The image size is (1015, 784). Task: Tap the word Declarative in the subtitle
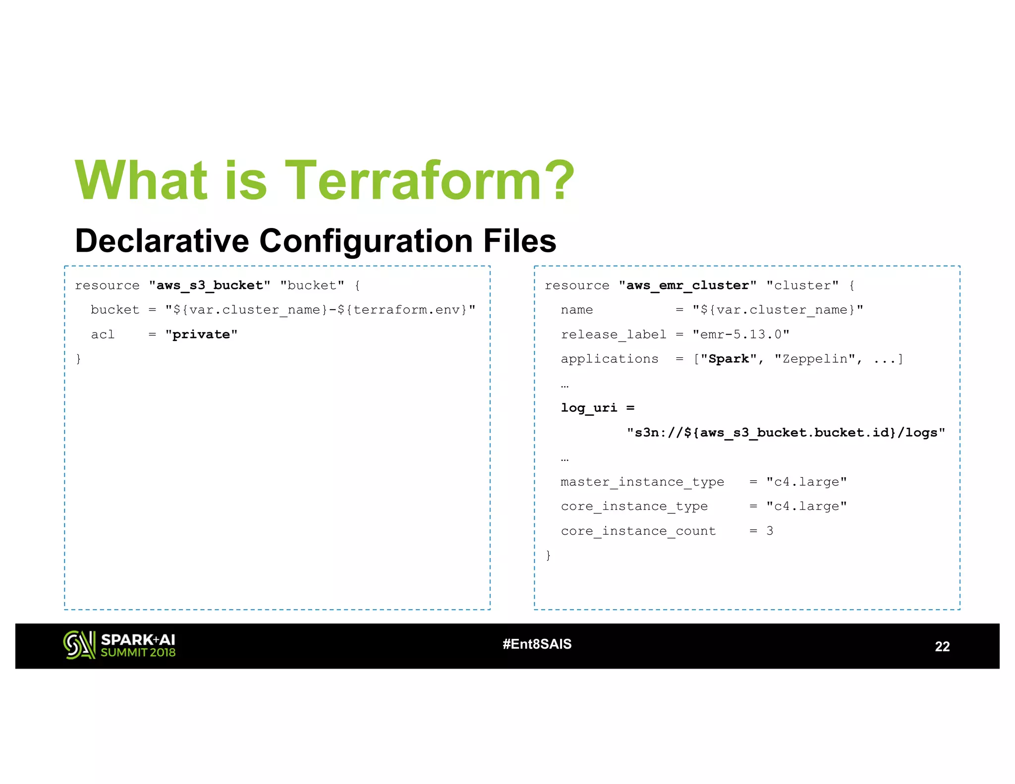pos(162,241)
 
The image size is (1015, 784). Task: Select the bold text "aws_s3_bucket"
pos(210,285)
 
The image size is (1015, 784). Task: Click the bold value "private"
pos(201,335)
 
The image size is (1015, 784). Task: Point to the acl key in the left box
pos(103,335)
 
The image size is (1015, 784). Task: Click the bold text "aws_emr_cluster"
pos(687,285)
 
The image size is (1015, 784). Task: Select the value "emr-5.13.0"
pos(740,335)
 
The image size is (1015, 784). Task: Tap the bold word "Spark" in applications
pos(728,359)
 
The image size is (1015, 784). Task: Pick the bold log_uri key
pos(589,408)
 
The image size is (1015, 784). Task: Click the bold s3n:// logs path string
pos(786,433)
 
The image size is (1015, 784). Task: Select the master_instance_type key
pos(642,482)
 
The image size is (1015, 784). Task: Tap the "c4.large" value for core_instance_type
pos(806,506)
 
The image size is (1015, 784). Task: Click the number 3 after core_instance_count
pos(770,531)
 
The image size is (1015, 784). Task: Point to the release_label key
pos(613,335)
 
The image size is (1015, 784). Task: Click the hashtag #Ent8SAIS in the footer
pos(537,644)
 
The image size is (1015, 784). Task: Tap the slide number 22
pos(942,647)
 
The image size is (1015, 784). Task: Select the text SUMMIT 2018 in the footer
pos(138,653)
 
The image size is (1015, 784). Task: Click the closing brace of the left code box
pos(78,359)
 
